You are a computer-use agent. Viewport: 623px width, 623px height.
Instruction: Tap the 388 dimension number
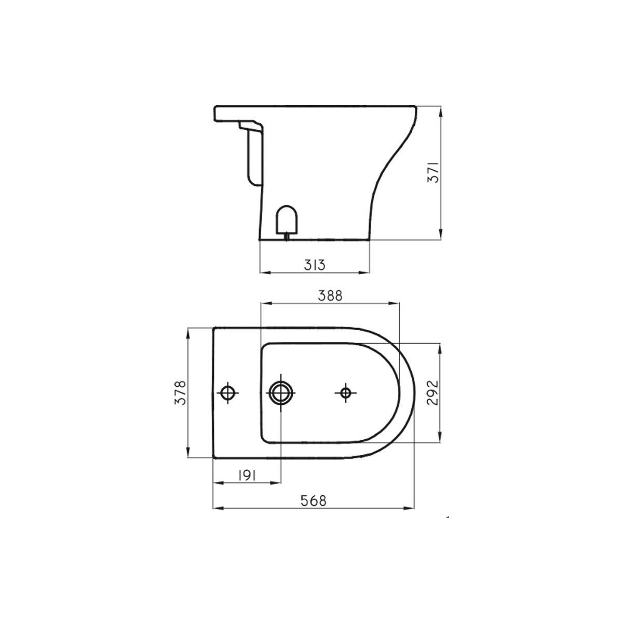point(330,296)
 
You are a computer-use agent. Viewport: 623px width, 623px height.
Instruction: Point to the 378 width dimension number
point(180,392)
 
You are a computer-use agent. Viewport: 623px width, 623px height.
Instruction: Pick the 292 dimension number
point(432,392)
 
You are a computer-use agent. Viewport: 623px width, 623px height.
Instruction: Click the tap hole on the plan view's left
point(228,393)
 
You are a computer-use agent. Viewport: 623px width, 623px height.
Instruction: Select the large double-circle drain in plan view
point(280,393)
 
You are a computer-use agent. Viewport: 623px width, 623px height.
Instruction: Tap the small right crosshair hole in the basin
point(346,393)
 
